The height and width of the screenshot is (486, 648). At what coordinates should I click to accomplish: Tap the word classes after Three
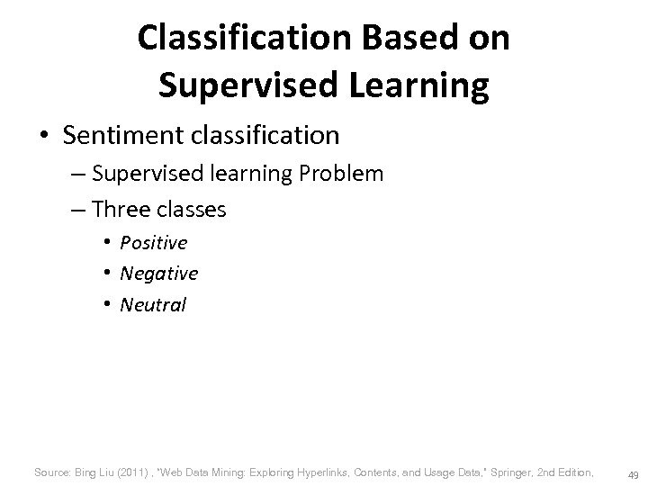[x=192, y=210]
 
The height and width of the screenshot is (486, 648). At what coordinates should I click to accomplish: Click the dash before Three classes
[x=78, y=210]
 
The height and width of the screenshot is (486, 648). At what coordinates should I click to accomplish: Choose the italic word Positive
[x=154, y=243]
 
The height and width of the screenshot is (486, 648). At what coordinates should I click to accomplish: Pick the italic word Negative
[x=158, y=273]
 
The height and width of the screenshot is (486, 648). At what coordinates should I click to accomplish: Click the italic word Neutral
[x=152, y=304]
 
